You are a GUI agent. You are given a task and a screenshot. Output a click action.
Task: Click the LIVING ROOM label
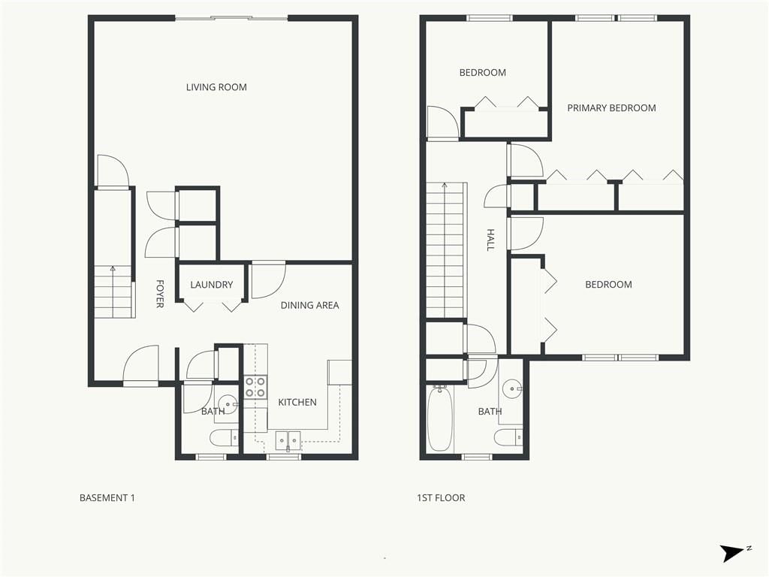tap(216, 87)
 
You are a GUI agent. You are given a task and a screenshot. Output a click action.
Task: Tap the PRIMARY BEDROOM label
tap(611, 108)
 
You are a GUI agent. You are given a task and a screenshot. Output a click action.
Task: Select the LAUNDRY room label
tap(211, 285)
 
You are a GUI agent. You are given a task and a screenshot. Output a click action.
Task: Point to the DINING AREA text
tap(309, 305)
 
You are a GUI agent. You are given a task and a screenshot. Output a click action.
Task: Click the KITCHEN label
tap(297, 403)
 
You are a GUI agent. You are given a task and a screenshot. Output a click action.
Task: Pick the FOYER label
tap(159, 294)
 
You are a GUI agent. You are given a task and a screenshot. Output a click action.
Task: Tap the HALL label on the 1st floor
tap(490, 240)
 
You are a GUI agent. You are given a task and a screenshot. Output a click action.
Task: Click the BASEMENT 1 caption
tap(107, 497)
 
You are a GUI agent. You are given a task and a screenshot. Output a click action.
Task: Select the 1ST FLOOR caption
tap(441, 497)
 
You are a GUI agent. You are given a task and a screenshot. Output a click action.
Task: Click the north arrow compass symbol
tap(734, 552)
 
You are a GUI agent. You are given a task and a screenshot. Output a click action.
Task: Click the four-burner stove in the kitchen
tap(255, 387)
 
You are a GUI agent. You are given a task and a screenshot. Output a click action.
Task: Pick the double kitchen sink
tap(288, 440)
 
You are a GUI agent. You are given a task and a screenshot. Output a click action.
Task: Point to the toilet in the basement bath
tap(225, 438)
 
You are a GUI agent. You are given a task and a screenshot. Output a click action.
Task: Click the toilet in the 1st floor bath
tap(508, 437)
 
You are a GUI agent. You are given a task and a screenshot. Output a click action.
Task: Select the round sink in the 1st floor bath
tap(512, 388)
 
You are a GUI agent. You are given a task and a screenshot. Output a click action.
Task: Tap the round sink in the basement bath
tap(227, 404)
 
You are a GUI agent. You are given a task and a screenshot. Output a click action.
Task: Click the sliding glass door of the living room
tap(231, 19)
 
